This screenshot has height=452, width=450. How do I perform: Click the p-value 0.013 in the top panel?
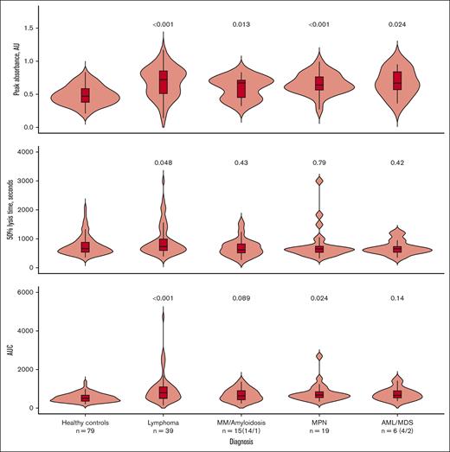coord(241,25)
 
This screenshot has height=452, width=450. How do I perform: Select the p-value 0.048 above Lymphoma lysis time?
coord(163,161)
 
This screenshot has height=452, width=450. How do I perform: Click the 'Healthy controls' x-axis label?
coord(85,421)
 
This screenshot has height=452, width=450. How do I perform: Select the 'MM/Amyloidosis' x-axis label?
coord(241,421)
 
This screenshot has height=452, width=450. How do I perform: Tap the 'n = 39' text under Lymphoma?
coord(163,430)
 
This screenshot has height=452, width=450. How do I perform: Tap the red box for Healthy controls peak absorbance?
coord(85,95)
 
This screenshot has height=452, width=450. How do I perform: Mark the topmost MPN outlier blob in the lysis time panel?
coord(319,181)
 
